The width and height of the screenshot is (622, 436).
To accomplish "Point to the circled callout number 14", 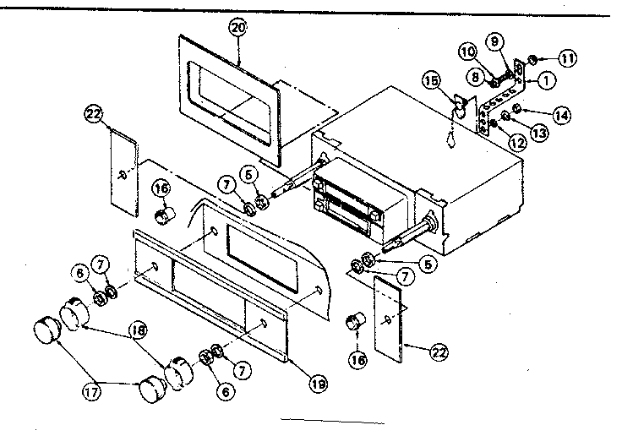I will click(x=560, y=112).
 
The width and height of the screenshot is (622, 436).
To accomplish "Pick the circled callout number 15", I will click(x=432, y=82).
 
